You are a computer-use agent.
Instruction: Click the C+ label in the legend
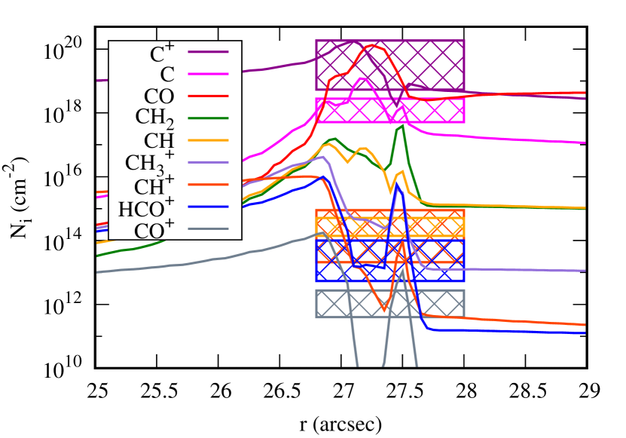pyautogui.click(x=162, y=54)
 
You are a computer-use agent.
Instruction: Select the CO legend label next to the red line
pyautogui.click(x=159, y=96)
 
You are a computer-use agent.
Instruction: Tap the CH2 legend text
pyautogui.click(x=154, y=118)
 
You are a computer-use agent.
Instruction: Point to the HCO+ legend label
pyautogui.click(x=146, y=208)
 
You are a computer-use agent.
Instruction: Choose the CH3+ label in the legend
pyautogui.click(x=149, y=163)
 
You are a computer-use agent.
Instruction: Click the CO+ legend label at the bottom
pyautogui.click(x=154, y=230)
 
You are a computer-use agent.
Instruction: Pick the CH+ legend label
pyautogui.click(x=154, y=186)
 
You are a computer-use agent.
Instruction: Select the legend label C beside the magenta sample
pyautogui.click(x=167, y=75)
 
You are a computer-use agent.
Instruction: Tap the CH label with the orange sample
pyautogui.click(x=159, y=141)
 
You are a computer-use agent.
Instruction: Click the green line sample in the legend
pyautogui.click(x=208, y=118)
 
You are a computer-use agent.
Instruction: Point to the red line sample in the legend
pyautogui.click(x=208, y=96)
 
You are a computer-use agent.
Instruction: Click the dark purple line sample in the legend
pyautogui.click(x=208, y=51)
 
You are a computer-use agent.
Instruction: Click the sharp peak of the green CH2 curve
pyautogui.click(x=402, y=126)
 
